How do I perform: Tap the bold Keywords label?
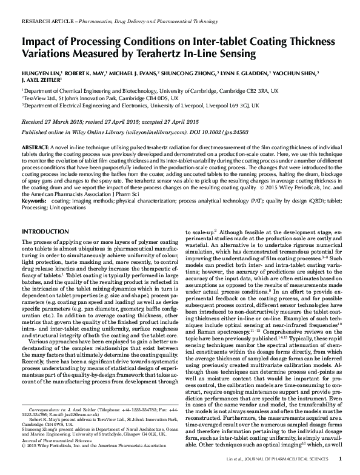click(33, 200)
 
